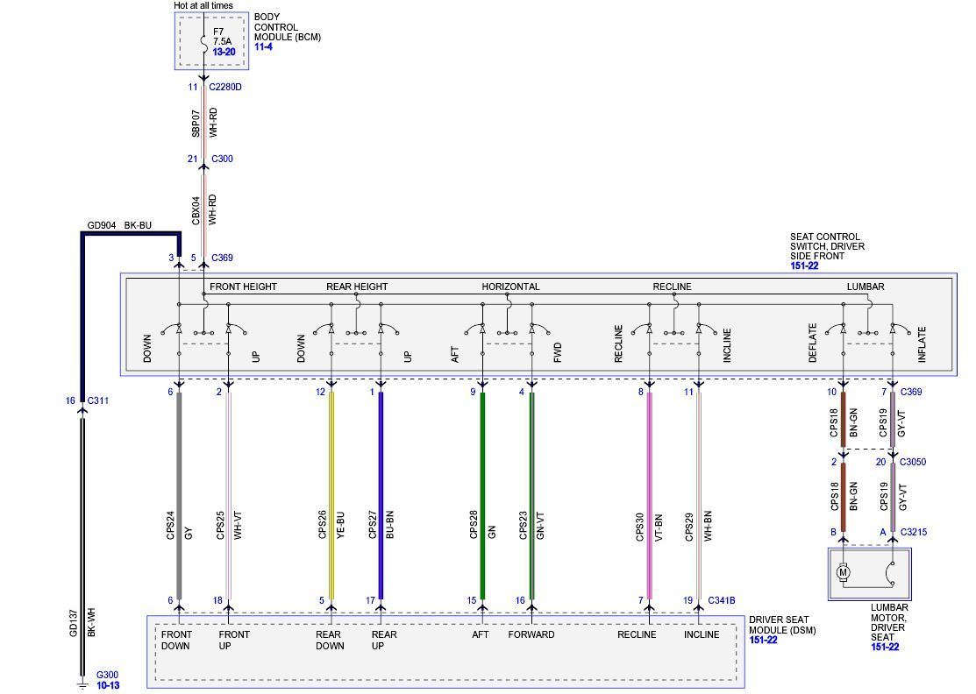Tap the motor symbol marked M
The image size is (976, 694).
tap(844, 572)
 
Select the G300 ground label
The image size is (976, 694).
tap(107, 675)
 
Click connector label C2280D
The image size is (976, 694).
tap(226, 87)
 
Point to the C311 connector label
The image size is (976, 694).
tap(97, 400)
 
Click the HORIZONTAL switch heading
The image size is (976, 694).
tap(510, 287)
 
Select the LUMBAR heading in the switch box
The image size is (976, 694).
tap(865, 287)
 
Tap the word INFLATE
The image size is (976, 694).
tap(922, 344)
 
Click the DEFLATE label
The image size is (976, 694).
tap(813, 343)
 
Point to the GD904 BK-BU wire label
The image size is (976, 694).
tap(119, 225)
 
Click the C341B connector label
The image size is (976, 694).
tap(721, 600)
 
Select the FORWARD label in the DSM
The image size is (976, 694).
tap(531, 634)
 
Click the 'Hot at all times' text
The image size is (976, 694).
tap(203, 6)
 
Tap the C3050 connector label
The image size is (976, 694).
tap(912, 462)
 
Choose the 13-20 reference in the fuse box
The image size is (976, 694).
tap(224, 53)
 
